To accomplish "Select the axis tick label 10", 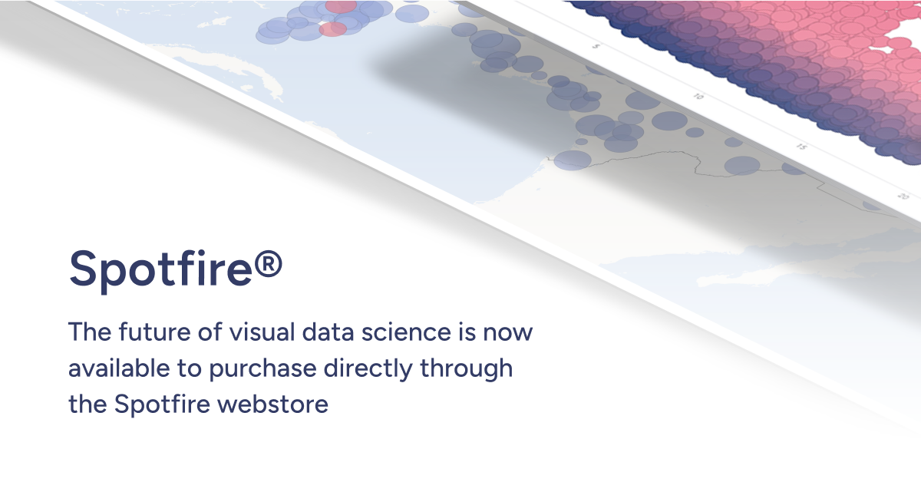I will click(x=698, y=97).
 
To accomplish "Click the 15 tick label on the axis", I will click(x=801, y=147).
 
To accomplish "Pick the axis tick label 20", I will click(x=903, y=196).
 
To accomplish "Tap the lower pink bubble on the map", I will click(x=332, y=29).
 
